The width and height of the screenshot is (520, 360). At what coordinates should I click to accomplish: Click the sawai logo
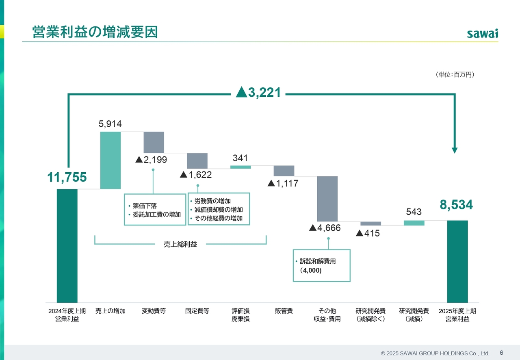[482, 33]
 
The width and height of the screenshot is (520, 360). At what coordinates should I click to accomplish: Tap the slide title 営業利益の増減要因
[95, 32]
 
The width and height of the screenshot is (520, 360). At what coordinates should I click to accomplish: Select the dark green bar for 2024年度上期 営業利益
[67, 246]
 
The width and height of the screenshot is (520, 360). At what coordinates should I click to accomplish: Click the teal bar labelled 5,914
[110, 160]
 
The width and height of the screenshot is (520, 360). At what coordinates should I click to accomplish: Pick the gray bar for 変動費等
[154, 142]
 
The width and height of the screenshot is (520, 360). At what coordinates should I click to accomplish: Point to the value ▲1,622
[195, 175]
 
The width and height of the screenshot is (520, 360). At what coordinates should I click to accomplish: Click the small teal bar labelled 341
[240, 167]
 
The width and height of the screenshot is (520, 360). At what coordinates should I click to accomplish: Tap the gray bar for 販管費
[284, 171]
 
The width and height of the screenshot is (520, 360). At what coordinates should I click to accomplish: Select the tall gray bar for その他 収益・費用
[327, 199]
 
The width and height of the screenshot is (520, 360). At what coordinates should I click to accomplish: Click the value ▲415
[368, 233]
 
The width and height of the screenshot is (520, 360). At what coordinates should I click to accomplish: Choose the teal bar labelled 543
[414, 223]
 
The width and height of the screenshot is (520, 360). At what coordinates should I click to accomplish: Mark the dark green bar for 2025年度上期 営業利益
[457, 262]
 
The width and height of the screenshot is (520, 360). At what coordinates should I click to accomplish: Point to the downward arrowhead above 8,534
[455, 150]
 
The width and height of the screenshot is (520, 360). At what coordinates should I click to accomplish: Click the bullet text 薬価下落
[142, 206]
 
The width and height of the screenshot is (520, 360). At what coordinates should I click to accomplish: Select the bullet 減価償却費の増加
[219, 210]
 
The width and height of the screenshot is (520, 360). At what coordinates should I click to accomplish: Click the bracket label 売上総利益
[180, 244]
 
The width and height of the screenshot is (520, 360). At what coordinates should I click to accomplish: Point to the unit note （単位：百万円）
[455, 75]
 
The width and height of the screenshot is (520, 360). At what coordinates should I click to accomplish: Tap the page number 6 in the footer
[501, 353]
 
